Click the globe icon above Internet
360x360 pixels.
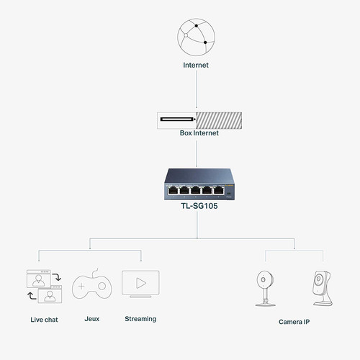click(x=197, y=42)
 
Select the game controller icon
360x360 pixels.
click(x=93, y=287)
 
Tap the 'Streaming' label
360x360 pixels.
click(x=140, y=318)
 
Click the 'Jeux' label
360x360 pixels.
click(x=92, y=318)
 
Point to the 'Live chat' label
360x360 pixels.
click(x=43, y=318)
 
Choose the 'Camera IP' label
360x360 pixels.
click(x=294, y=321)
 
